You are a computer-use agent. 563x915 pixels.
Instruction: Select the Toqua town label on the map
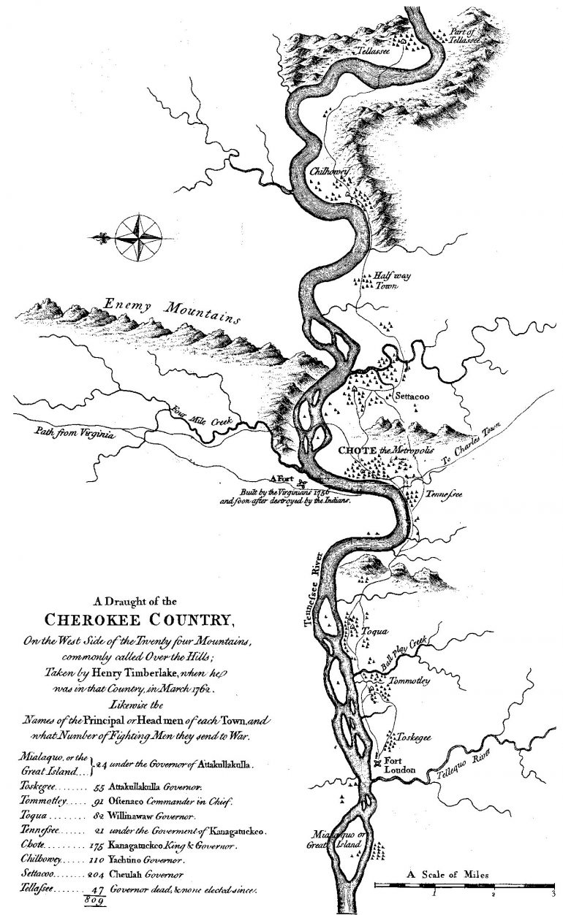coord(371,632)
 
